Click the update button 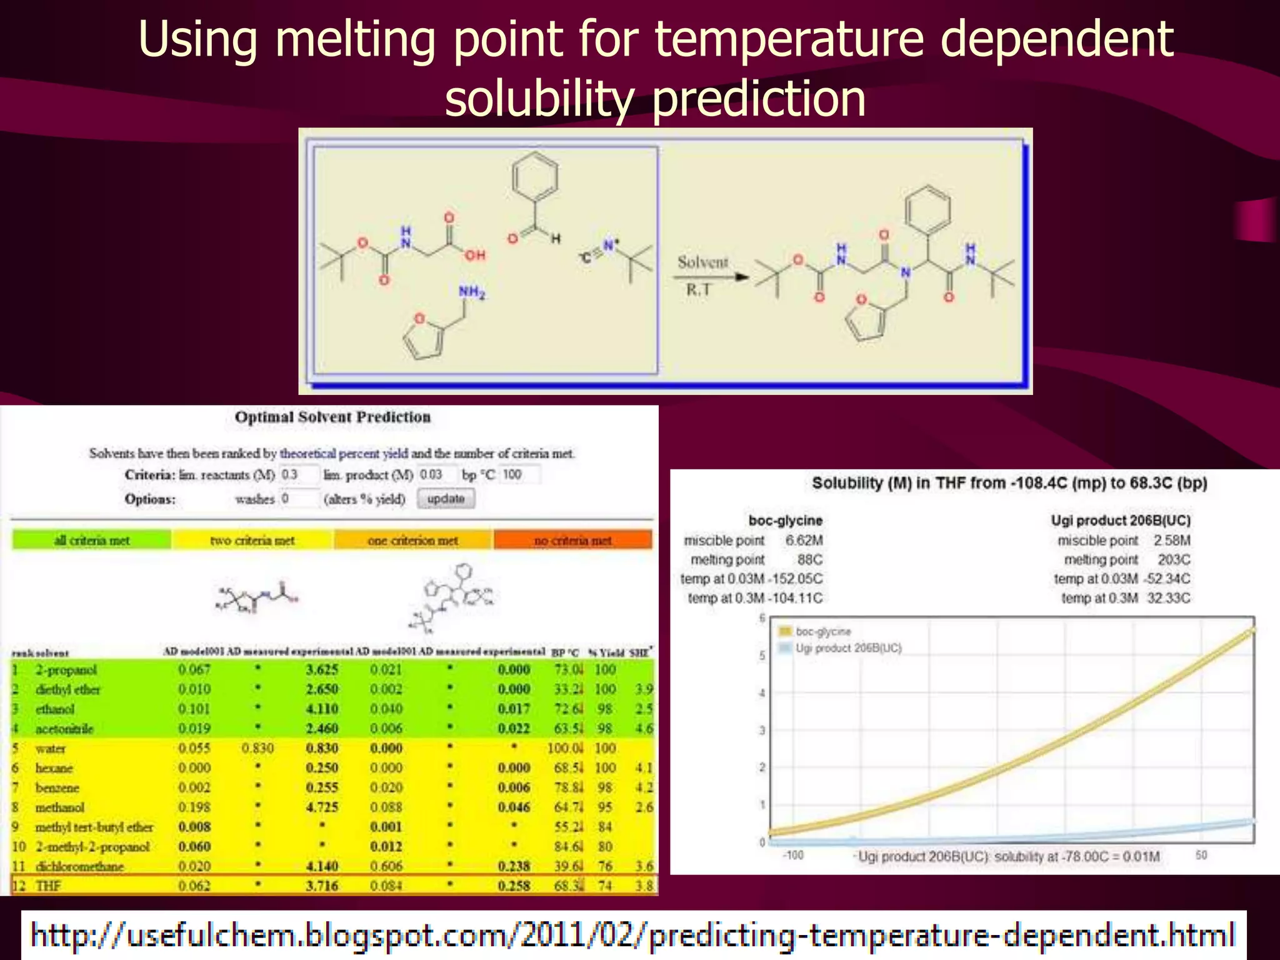(x=446, y=499)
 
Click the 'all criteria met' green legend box (x=91, y=540)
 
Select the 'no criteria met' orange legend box (x=572, y=540)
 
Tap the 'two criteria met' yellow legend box (x=252, y=540)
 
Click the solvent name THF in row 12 (x=48, y=886)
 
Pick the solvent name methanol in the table (x=59, y=807)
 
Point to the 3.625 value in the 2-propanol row (x=322, y=669)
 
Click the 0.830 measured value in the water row (x=257, y=748)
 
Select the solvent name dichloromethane (x=79, y=866)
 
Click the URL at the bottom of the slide (x=633, y=936)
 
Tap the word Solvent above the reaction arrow (x=703, y=262)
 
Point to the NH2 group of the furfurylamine (x=472, y=292)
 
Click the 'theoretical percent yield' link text (x=344, y=453)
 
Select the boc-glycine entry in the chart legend (x=822, y=631)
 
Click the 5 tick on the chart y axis (x=762, y=656)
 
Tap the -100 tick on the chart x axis (x=793, y=854)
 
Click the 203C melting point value (x=1173, y=559)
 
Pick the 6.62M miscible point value (x=804, y=540)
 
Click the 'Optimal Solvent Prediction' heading (x=332, y=417)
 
